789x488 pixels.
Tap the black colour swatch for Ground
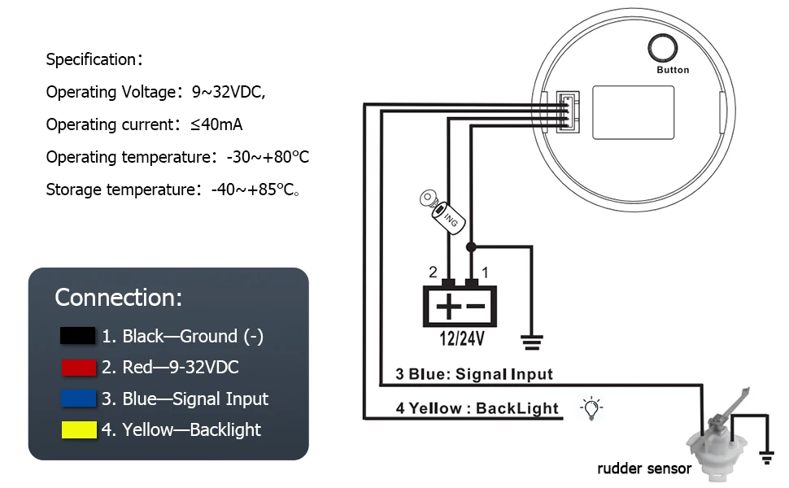78,336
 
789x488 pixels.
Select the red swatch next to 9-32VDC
78,368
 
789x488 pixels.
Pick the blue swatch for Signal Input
78,399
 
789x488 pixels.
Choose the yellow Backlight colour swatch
78,429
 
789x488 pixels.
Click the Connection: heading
119,298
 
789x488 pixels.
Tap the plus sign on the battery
447,307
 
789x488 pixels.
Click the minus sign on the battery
475,307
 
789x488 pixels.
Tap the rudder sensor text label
644,468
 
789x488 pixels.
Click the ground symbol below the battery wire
534,342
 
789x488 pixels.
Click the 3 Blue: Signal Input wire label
473,374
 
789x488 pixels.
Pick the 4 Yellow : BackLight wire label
477,408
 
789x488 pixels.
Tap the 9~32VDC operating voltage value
229,92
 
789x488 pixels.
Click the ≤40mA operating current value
216,124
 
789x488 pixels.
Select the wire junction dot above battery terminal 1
471,246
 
